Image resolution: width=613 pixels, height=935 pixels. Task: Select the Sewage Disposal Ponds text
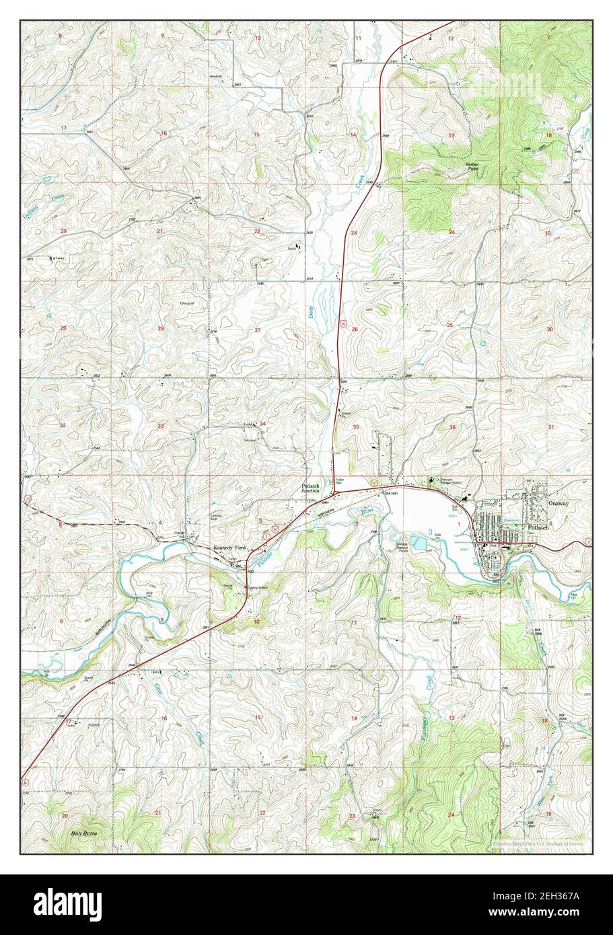(407, 546)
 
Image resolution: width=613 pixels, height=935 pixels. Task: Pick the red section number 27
(258, 330)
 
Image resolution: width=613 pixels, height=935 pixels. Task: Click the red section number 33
(160, 426)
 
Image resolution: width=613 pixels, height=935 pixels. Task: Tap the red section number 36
(452, 427)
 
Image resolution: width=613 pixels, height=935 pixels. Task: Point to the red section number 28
(160, 329)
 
